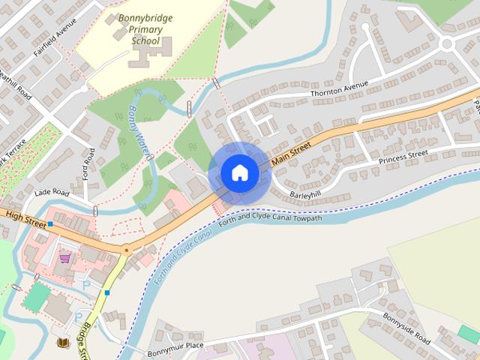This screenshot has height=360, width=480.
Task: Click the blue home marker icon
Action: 239,173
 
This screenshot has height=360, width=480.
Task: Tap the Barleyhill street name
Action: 306,194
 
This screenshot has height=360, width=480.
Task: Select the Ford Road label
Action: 89,166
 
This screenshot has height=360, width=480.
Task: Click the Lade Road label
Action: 51,193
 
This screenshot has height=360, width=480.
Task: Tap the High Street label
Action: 20,217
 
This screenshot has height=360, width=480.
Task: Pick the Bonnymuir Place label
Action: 175,345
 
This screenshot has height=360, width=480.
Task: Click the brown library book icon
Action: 62,343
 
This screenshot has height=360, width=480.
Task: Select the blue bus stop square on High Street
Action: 50,224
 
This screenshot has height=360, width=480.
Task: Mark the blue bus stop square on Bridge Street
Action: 107,292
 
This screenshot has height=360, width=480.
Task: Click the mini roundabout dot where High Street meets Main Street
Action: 126,249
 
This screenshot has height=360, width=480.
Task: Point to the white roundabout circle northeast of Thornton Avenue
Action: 448,43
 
